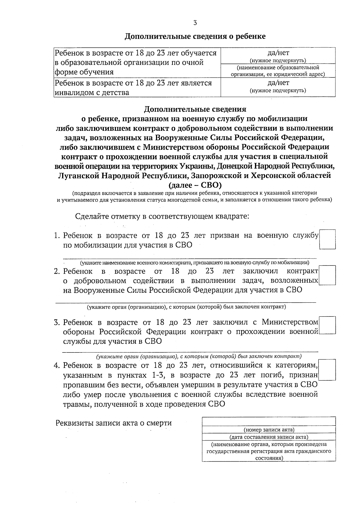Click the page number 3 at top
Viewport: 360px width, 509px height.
pyautogui.click(x=195, y=23)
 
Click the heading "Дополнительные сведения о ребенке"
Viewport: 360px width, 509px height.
pyautogui.click(x=195, y=37)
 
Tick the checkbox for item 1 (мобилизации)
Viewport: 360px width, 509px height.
pyautogui.click(x=327, y=239)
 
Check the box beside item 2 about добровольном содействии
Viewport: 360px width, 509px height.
pyautogui.click(x=327, y=275)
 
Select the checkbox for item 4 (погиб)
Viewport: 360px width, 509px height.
pyautogui.click(x=327, y=370)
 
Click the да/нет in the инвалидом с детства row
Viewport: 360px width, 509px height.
pyautogui.click(x=278, y=83)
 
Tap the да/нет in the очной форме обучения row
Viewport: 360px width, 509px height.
pyautogui.click(x=278, y=53)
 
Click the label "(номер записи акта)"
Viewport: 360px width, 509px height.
pyautogui.click(x=269, y=430)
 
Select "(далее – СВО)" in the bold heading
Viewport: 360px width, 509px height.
pyautogui.click(x=195, y=184)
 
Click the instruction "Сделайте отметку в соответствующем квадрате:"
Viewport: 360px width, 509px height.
pyautogui.click(x=162, y=216)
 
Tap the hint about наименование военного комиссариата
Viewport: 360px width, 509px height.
pyautogui.click(x=194, y=263)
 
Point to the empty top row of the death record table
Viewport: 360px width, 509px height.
pyautogui.click(x=269, y=421)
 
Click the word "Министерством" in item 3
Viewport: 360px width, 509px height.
pyautogui.click(x=290, y=322)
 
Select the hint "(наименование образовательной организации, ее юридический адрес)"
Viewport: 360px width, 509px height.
pyautogui.click(x=278, y=71)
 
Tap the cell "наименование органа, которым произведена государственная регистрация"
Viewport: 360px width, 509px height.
pyautogui.click(x=269, y=451)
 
